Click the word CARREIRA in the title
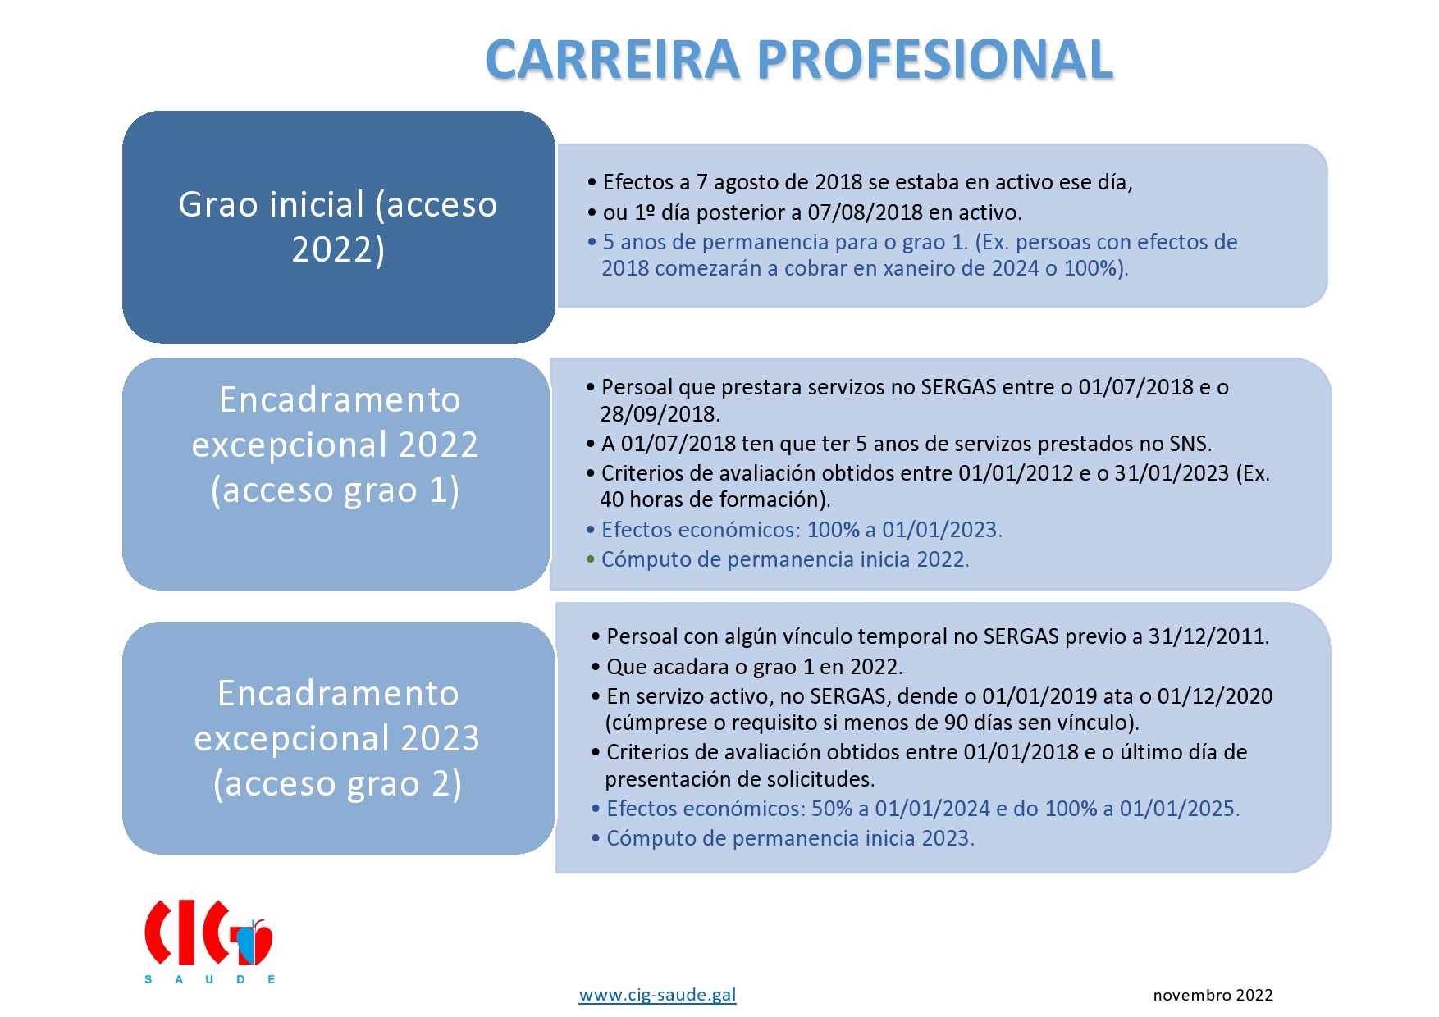(x=613, y=60)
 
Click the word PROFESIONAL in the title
(x=934, y=60)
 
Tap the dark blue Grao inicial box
(x=339, y=226)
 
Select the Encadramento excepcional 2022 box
(x=336, y=473)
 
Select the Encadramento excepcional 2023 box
(x=339, y=737)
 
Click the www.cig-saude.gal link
(x=657, y=995)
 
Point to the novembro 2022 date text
(x=1213, y=995)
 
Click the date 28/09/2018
(x=659, y=414)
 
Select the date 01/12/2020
(x=1215, y=696)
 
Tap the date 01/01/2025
(x=1178, y=809)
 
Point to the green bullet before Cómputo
(x=590, y=559)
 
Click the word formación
(x=774, y=499)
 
